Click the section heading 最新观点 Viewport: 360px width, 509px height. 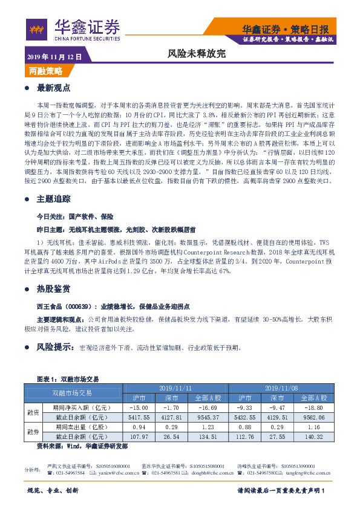coord(54,88)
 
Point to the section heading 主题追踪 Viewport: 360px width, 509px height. coord(54,182)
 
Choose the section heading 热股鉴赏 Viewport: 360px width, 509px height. coord(54,288)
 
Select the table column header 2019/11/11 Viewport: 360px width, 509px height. coord(175,388)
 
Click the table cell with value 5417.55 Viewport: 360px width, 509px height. coord(139,417)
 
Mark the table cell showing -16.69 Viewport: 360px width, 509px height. coord(208,407)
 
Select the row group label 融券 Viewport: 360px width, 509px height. coord(32,432)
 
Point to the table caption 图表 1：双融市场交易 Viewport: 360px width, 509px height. coord(68,379)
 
